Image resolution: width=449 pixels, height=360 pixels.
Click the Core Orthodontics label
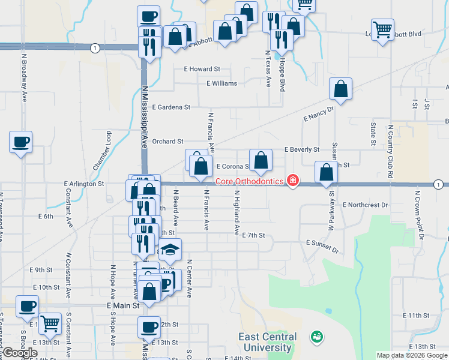(249, 181)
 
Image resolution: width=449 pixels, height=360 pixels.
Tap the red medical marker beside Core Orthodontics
(293, 181)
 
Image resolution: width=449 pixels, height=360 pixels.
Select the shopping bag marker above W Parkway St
(326, 172)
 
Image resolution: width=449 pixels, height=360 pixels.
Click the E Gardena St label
(171, 107)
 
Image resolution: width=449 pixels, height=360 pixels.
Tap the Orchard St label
(167, 142)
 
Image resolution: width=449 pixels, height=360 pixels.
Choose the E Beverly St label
(302, 149)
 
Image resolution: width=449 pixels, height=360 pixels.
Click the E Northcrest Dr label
(366, 205)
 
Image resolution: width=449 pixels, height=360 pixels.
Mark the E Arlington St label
(83, 184)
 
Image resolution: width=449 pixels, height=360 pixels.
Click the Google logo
(19, 353)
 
